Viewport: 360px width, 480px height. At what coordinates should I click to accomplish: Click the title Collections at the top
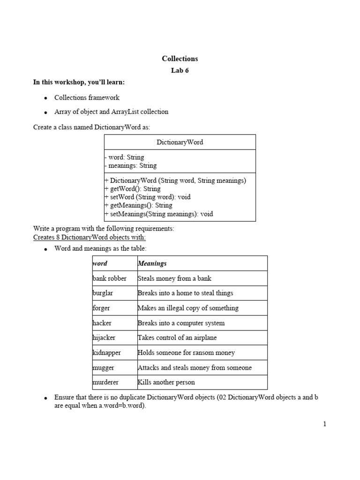180,59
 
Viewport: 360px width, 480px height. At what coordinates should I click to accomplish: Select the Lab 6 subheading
180,71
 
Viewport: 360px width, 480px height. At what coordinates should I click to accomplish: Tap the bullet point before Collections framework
45,98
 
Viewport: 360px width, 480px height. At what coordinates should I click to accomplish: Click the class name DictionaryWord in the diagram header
180,142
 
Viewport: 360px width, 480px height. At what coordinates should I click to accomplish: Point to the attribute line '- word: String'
124,157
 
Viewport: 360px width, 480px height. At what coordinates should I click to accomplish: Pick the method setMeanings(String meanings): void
159,214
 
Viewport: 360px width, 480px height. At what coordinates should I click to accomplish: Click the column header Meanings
152,263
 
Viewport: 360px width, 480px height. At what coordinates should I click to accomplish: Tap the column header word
100,263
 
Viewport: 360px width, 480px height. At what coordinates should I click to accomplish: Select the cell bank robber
110,278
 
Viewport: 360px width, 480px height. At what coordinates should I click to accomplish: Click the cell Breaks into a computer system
181,323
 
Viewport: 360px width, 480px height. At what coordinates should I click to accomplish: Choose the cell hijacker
104,338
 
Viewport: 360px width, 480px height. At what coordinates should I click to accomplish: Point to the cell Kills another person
166,382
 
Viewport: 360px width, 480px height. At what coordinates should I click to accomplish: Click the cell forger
102,308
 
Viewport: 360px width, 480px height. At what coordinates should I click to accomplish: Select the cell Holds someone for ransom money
186,352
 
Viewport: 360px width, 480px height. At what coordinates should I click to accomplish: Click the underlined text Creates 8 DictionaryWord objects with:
90,237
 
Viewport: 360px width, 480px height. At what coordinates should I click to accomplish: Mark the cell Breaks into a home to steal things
185,293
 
